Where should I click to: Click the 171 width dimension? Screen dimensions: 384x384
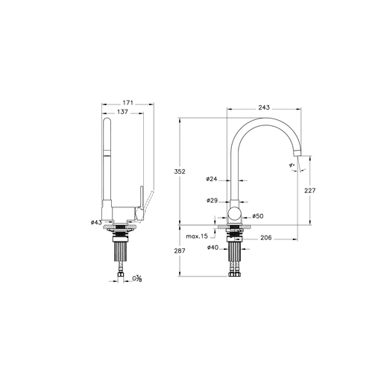(128, 103)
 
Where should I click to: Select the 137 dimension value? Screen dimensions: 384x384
(122, 112)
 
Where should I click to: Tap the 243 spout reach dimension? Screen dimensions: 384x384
(264, 107)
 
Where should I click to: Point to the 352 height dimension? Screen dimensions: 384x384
(180, 171)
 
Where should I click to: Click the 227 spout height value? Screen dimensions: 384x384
(309, 191)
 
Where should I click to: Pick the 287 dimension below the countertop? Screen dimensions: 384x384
(180, 251)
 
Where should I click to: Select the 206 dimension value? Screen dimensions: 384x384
(266, 238)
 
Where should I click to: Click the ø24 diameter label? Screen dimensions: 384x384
(212, 179)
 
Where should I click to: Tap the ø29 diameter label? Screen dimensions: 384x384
(212, 201)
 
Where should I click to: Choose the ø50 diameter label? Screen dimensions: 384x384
(258, 216)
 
